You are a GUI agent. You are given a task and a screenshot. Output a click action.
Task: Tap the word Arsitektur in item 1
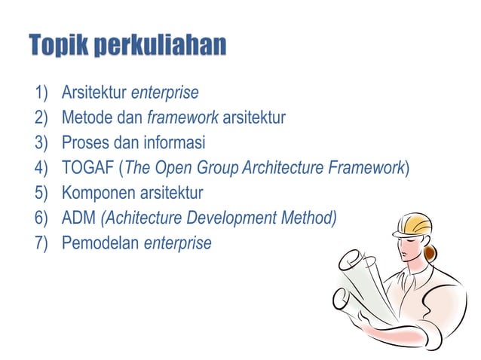click(x=94, y=93)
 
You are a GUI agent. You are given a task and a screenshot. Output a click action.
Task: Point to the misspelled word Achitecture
click(x=141, y=218)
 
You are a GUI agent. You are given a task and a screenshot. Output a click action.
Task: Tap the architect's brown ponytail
click(x=430, y=252)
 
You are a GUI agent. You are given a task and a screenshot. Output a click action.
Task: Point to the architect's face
click(x=409, y=248)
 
